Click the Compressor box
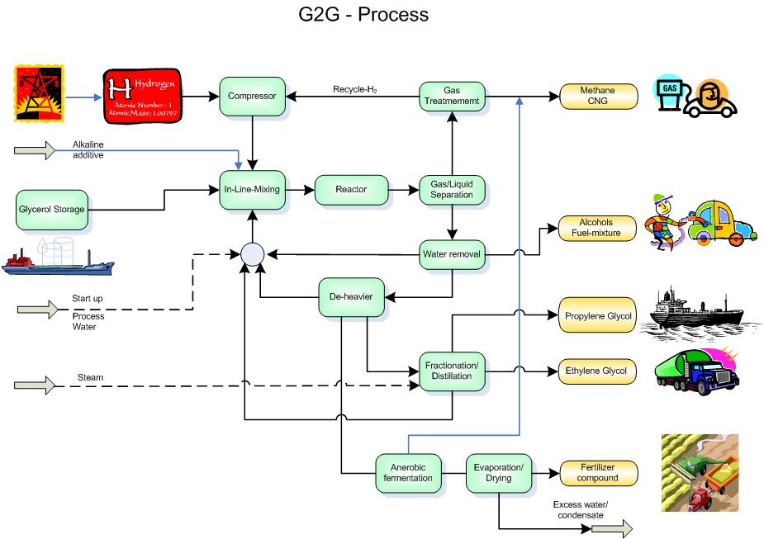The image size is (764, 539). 253,97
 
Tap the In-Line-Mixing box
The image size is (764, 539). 253,189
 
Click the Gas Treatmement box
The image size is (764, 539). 451,97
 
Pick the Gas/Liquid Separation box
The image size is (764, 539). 452,189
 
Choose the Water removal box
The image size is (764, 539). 451,254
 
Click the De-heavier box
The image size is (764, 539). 351,298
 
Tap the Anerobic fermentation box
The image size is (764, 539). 407,472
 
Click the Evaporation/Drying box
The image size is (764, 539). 498,472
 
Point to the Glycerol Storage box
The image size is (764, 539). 51,209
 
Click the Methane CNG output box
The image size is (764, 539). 599,97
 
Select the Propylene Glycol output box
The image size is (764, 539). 598,315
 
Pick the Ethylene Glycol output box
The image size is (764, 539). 598,371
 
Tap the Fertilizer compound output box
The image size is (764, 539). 598,472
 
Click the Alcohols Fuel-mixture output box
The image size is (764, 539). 598,228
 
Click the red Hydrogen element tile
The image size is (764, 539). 142,97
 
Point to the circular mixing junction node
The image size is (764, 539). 252,254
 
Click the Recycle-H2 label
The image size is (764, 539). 356,89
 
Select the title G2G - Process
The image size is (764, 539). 364,14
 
